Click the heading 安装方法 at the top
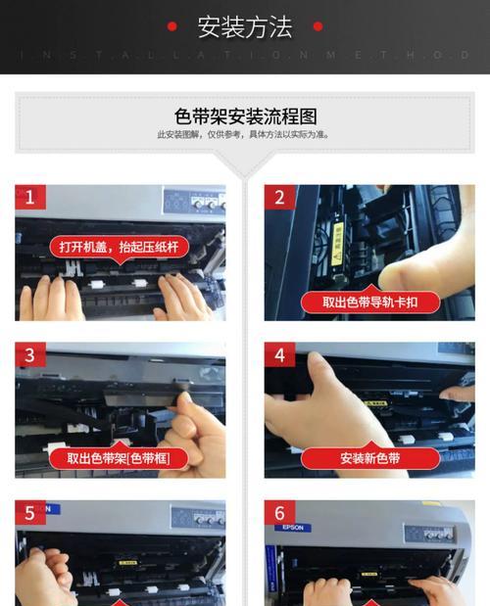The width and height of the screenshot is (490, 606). pyautogui.click(x=244, y=27)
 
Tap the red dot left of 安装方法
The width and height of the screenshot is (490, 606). pyautogui.click(x=172, y=27)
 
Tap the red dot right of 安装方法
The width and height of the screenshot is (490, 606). pyautogui.click(x=318, y=27)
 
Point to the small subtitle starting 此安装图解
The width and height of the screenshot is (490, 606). pyautogui.click(x=244, y=135)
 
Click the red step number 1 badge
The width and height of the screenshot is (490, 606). pyautogui.click(x=29, y=198)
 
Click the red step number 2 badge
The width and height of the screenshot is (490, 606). pyautogui.click(x=279, y=198)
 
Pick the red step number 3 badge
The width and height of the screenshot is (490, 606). pyautogui.click(x=29, y=355)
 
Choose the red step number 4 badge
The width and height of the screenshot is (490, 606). pyautogui.click(x=279, y=355)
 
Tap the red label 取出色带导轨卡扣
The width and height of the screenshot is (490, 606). pyautogui.click(x=369, y=303)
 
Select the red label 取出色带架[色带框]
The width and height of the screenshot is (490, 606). pyautogui.click(x=114, y=458)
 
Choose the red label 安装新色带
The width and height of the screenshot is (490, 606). pyautogui.click(x=369, y=458)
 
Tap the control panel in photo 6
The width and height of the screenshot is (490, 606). pyautogui.click(x=432, y=534)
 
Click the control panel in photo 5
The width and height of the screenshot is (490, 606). pyautogui.click(x=196, y=518)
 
